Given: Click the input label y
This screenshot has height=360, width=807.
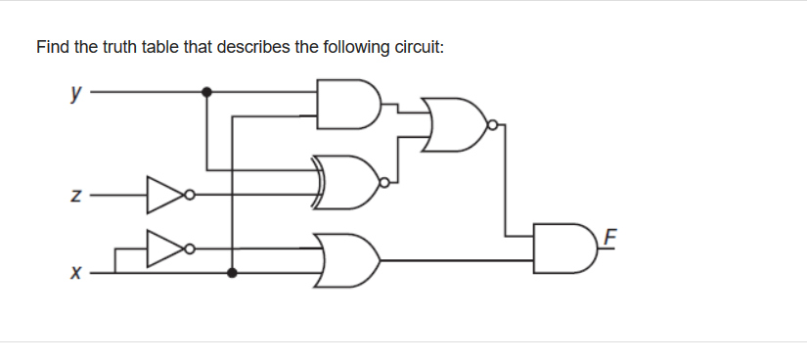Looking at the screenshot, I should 73,93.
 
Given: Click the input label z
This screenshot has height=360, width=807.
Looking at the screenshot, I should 73,196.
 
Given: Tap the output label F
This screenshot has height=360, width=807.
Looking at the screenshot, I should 612,236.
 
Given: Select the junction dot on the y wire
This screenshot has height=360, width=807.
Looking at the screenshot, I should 205,93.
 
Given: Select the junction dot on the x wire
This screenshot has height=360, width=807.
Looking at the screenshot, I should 232,273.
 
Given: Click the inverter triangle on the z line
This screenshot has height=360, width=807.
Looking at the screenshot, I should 161,195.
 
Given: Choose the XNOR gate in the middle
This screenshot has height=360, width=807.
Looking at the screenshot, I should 348,182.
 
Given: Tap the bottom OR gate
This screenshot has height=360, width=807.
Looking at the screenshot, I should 348,259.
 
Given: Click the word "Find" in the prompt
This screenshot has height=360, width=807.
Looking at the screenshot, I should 52,46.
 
